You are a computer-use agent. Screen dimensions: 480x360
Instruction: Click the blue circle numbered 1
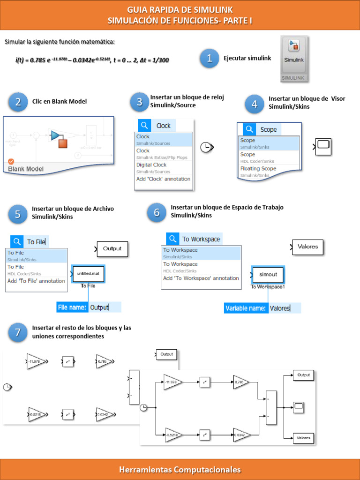click(210, 58)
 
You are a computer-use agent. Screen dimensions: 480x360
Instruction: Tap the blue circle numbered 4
click(255, 104)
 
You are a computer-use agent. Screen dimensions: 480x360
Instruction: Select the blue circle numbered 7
click(18, 332)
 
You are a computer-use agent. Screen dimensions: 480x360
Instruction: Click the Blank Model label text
click(26, 169)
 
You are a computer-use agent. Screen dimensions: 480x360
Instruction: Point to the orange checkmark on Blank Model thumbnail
click(11, 161)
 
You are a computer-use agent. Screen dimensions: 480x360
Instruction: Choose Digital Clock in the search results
click(151, 165)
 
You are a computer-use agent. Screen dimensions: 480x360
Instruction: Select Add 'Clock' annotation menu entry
click(163, 179)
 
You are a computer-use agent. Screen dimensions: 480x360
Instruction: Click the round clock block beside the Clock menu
click(206, 148)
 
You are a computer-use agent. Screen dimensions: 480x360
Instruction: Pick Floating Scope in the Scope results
click(258, 169)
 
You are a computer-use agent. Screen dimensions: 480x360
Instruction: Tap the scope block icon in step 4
click(323, 147)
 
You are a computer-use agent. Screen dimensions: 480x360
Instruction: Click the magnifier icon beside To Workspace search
click(172, 239)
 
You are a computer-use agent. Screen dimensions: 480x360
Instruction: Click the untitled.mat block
click(89, 274)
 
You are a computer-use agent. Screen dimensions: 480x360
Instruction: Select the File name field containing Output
click(105, 307)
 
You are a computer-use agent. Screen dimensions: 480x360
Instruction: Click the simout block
click(268, 275)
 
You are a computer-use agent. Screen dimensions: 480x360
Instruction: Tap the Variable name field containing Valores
click(285, 308)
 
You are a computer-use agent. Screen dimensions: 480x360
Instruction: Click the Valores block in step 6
click(307, 247)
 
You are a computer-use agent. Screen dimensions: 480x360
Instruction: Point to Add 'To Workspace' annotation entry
click(201, 278)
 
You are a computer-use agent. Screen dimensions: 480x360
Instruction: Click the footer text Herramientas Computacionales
click(180, 469)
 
